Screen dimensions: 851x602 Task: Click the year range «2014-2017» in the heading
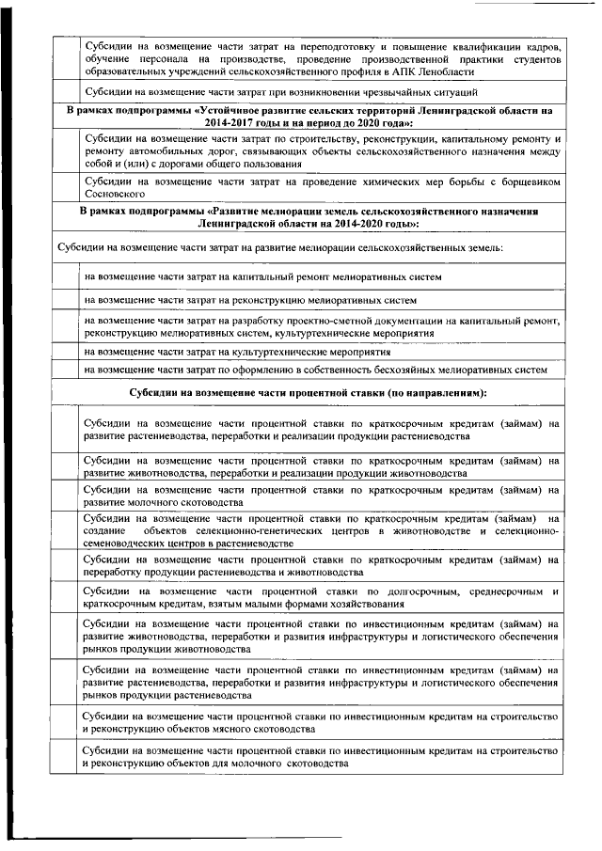[x=228, y=122]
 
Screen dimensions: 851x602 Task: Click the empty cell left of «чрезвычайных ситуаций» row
[x=64, y=93]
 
